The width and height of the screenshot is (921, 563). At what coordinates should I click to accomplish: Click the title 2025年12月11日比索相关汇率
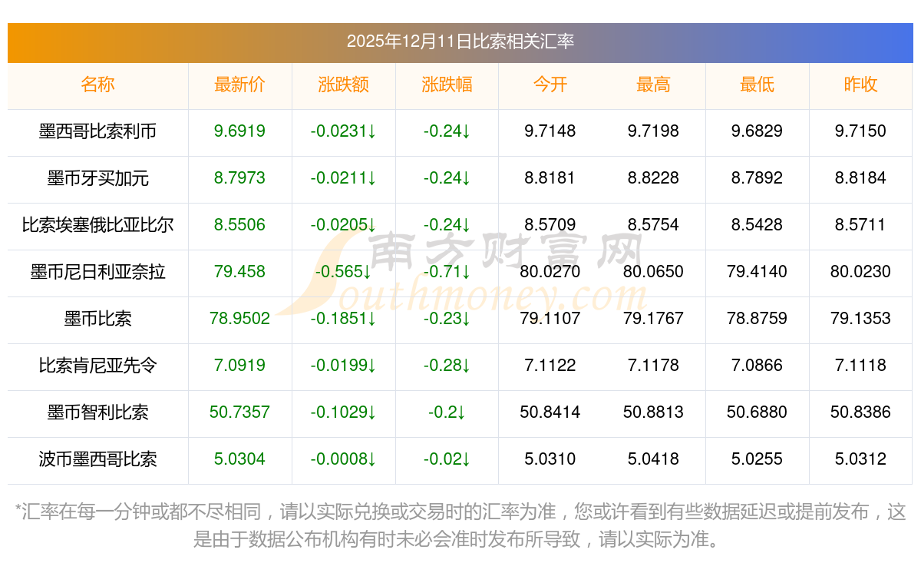point(460,41)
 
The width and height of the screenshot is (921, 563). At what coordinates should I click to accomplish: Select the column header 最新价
point(239,84)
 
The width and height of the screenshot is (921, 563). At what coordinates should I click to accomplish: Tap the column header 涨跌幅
point(447,84)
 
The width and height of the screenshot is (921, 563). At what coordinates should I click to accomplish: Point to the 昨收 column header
point(860,84)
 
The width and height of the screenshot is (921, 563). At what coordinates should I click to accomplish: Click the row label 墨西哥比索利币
point(97,131)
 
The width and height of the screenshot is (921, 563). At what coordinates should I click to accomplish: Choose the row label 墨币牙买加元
point(97,178)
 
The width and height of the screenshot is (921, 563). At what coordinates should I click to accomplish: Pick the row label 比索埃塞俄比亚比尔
point(97,225)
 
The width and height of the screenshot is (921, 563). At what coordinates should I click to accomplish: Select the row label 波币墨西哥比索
point(97,459)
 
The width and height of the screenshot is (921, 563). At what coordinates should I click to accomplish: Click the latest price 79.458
point(239,272)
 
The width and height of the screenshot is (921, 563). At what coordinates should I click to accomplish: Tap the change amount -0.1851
point(343,319)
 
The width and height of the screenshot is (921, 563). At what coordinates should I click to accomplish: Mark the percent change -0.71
point(447,272)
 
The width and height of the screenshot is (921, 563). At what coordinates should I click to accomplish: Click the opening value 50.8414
point(550,412)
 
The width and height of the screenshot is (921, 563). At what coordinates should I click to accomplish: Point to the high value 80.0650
point(653,272)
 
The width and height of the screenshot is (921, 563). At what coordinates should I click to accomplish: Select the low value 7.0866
point(757,366)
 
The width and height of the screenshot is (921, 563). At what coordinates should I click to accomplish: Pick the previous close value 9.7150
point(860,131)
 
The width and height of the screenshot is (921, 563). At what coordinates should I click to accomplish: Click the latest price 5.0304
point(239,459)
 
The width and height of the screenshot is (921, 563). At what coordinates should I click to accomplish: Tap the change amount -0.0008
point(343,459)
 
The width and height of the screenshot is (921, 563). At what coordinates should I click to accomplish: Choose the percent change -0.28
point(447,366)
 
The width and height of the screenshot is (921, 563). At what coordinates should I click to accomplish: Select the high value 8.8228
point(653,178)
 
